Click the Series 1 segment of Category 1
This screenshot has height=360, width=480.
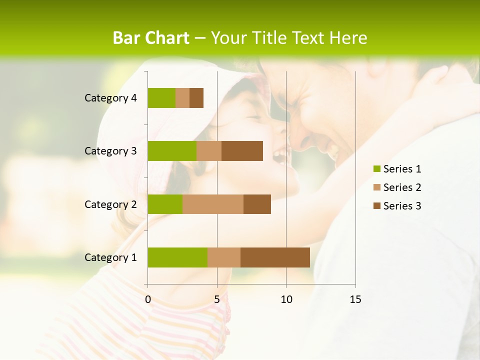(x=177, y=257)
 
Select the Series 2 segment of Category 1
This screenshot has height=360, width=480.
(x=224, y=257)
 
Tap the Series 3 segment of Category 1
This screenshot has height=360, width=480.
(x=275, y=257)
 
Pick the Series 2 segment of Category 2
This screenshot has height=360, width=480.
(x=213, y=204)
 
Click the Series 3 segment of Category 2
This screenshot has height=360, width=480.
(x=257, y=204)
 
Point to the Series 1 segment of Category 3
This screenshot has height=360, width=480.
(x=172, y=151)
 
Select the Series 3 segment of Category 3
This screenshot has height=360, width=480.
(x=242, y=151)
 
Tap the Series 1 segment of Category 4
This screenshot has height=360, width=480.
(x=161, y=98)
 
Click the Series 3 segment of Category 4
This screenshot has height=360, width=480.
(x=196, y=98)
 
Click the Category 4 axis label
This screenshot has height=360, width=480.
(x=110, y=98)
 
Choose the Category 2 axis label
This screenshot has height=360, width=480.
(x=110, y=204)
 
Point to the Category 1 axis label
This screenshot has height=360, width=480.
(x=110, y=257)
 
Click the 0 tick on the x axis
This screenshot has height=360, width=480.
(x=148, y=299)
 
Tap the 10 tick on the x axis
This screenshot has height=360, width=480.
(x=286, y=299)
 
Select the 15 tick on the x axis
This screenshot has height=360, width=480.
(x=355, y=299)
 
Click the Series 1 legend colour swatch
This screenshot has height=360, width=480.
(x=376, y=169)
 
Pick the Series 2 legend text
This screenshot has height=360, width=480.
(x=402, y=187)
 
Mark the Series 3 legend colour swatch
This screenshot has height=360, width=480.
(x=376, y=206)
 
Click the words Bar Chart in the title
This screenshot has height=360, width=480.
(x=151, y=38)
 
